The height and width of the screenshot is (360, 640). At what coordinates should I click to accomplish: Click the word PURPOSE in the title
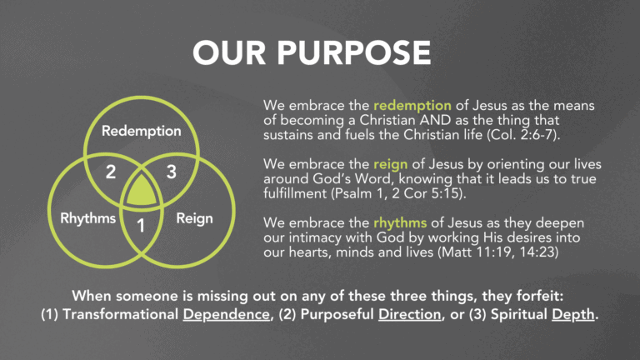[354, 52]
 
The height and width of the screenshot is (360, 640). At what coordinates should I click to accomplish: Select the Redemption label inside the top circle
[141, 131]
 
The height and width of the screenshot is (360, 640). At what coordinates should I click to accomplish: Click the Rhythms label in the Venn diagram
[88, 218]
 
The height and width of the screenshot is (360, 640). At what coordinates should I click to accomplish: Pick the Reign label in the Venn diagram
[194, 219]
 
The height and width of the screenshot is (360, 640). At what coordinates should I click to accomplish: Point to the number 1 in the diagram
[141, 226]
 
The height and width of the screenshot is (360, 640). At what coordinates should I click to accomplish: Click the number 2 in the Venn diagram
[111, 172]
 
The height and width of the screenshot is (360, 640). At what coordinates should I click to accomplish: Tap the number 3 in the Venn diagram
[172, 172]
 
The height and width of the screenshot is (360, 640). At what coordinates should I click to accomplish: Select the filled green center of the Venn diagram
[141, 192]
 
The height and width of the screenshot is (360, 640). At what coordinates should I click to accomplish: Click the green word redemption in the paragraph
[412, 106]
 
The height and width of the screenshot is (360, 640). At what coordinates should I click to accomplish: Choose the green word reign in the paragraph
[391, 164]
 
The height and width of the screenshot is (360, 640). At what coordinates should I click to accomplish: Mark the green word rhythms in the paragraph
[400, 222]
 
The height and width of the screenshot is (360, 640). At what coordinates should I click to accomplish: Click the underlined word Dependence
[226, 314]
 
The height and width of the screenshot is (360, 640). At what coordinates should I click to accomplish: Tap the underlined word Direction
[410, 314]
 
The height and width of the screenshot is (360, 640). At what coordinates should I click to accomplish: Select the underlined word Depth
[573, 315]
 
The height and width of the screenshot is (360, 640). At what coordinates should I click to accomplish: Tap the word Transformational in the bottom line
[121, 314]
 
